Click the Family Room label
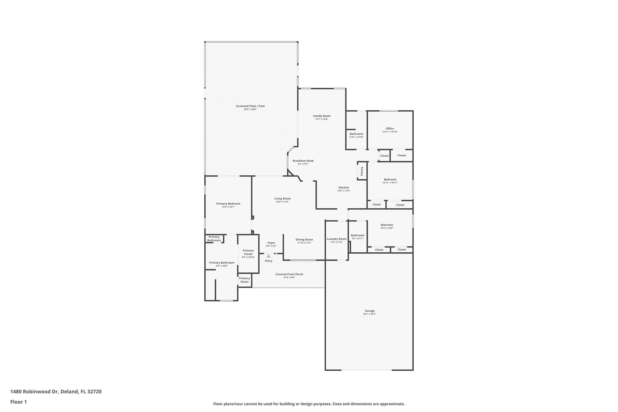pos(322,116)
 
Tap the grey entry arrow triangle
pos(269,256)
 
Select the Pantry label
pos(362,171)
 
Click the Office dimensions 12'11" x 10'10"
pos(390,132)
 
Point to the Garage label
pos(370,311)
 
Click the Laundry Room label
pos(337,239)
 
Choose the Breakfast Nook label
pos(303,161)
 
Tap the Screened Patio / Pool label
pos(250,106)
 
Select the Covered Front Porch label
pos(289,274)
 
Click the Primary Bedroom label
pos(228,204)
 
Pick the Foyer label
pos(271,243)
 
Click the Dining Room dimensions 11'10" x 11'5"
pos(304,243)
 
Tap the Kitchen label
pos(344,187)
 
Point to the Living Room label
pos(282,199)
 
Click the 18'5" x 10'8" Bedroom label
pos(387,225)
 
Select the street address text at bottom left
pos(56,391)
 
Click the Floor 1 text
pos(19,402)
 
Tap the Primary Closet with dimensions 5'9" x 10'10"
pos(248,252)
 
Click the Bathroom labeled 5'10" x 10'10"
pos(356,134)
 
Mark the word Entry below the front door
pos(269,261)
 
